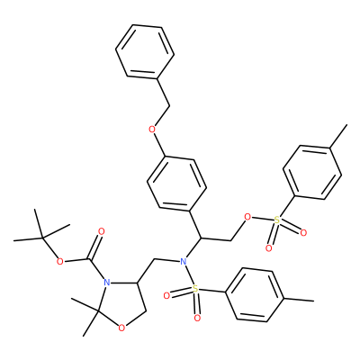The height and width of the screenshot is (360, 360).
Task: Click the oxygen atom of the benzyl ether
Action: pyautogui.click(x=152, y=130)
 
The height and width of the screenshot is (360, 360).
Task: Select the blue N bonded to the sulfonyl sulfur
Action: pyautogui.click(x=183, y=261)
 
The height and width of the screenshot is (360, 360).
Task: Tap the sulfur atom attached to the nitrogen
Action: pyautogui.click(x=195, y=289)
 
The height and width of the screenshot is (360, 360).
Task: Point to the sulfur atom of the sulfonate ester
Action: pyautogui.click(x=277, y=221)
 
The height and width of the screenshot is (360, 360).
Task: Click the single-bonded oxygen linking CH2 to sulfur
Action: pyautogui.click(x=247, y=217)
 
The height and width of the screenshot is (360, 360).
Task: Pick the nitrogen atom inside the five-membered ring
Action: pyautogui.click(x=105, y=283)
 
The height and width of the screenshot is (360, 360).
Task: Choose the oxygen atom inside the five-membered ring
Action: pyautogui.click(x=121, y=328)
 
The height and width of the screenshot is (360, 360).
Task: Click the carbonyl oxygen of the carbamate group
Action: pyautogui.click(x=101, y=231)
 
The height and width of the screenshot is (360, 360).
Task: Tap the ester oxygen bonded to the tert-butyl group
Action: pyautogui.click(x=60, y=262)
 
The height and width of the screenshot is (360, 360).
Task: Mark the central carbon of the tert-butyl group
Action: pyautogui.click(x=43, y=238)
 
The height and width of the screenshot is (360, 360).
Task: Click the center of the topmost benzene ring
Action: pyautogui.click(x=145, y=52)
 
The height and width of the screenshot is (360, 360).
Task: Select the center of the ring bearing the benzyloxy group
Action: pyautogui.click(x=176, y=184)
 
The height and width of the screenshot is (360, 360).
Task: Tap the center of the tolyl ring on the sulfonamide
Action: pyautogui.click(x=255, y=295)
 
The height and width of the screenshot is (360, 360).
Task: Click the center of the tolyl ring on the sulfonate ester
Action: pyautogui.click(x=312, y=173)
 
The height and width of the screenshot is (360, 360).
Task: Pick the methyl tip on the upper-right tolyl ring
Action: pyautogui.click(x=346, y=125)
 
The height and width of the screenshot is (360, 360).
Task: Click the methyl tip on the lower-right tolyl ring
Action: pyautogui.click(x=314, y=301)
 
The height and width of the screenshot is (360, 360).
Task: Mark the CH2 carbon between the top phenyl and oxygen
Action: pyautogui.click(x=170, y=105)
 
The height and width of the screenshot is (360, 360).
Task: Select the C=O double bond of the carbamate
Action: pyautogui.click(x=95, y=246)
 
